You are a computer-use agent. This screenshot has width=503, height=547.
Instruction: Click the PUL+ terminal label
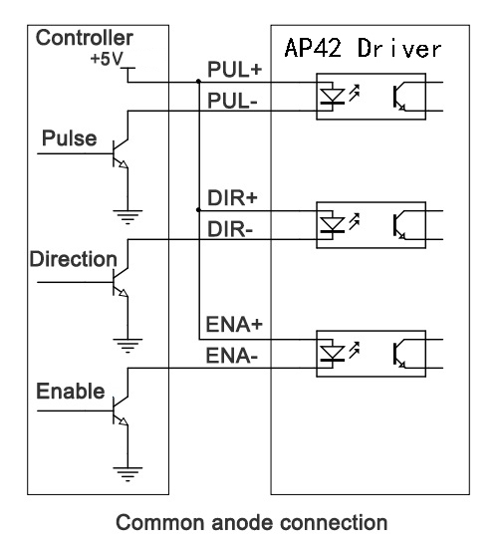pos(234,69)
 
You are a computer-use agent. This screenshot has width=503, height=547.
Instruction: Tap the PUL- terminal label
pos(232,101)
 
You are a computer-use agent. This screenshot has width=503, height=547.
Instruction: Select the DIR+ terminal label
pos(232,198)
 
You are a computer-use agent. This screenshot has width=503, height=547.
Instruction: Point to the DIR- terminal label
pos(230,229)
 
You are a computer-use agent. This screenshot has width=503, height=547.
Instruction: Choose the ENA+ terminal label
pos(234,324)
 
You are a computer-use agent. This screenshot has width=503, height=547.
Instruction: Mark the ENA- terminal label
pos(232,356)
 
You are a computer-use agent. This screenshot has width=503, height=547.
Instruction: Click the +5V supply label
pos(107,59)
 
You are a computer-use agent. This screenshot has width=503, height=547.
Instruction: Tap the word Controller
pos(84,38)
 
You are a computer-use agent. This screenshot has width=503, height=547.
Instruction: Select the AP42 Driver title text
pos(364,48)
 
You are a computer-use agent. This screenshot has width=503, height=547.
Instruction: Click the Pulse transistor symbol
pos(121,153)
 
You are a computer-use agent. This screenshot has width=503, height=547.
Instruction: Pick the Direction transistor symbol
pos(121,282)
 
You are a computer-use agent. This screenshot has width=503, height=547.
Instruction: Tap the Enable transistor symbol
pos(121,410)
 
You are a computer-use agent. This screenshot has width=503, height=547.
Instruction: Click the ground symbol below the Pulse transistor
pos(127,217)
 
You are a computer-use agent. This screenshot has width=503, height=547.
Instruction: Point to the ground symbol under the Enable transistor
pos(127,474)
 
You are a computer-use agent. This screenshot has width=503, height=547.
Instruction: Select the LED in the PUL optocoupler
pos(333,96)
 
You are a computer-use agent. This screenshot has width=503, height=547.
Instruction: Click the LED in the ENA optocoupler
pos(333,353)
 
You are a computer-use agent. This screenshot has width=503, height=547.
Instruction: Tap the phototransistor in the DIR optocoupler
pos(399,225)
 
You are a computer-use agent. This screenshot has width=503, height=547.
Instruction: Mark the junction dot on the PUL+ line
pos(198,82)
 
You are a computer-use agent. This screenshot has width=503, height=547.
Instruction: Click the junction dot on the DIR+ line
pos(198,210)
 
